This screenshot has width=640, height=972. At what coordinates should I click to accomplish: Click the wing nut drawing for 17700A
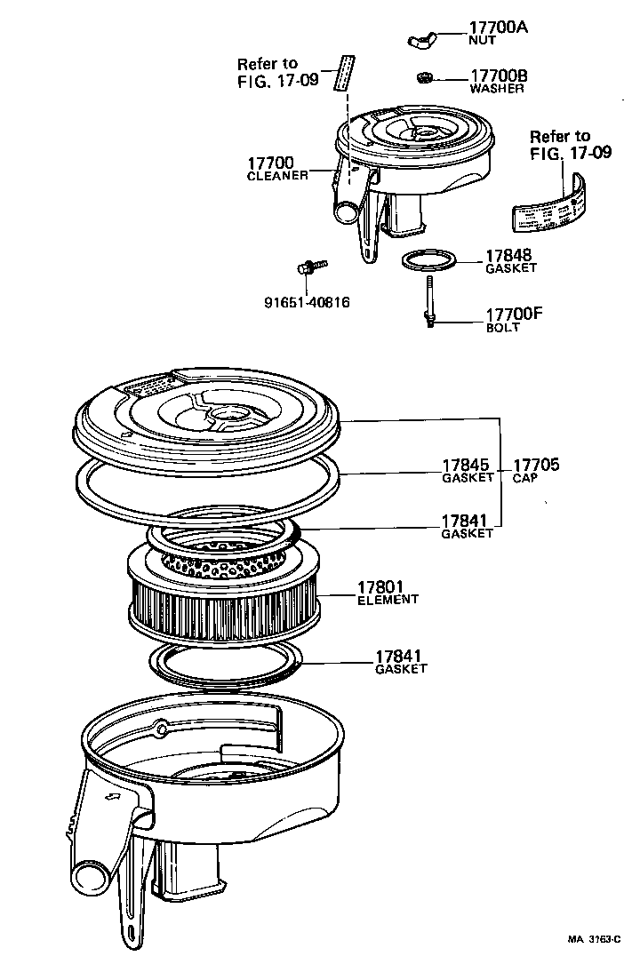coord(424,39)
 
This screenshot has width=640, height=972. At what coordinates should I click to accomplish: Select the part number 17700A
coord(497,28)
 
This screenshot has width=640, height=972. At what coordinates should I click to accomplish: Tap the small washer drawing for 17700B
coord(426,77)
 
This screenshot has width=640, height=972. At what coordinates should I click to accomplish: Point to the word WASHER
coord(496,89)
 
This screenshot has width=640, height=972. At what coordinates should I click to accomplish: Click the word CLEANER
coord(276,176)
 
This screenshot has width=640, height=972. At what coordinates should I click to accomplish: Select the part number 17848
coord(508,256)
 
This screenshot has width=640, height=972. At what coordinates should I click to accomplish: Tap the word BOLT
coord(502,328)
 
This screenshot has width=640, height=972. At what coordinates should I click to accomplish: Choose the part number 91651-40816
coord(306,302)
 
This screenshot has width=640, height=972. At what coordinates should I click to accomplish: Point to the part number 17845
coord(468,465)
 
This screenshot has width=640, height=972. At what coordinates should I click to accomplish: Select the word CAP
coord(524,477)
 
